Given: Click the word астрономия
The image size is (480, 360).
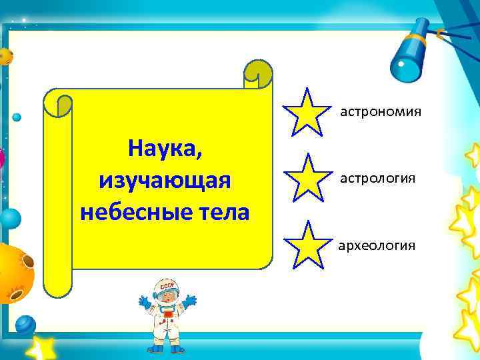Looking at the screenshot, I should pyautogui.click(x=381, y=111).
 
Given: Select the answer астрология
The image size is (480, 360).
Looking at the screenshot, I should pyautogui.click(x=378, y=179).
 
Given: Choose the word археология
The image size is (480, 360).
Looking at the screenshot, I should pyautogui.click(x=377, y=246).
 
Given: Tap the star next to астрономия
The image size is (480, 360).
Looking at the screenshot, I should pyautogui.click(x=306, y=111).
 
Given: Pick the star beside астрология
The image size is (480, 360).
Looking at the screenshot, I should pyautogui.click(x=307, y=177).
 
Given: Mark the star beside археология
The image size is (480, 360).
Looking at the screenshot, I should pyautogui.click(x=307, y=245).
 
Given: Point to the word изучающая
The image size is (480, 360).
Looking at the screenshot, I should pyautogui.click(x=164, y=180).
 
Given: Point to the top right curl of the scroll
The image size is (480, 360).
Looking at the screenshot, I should pyautogui.click(x=258, y=73).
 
